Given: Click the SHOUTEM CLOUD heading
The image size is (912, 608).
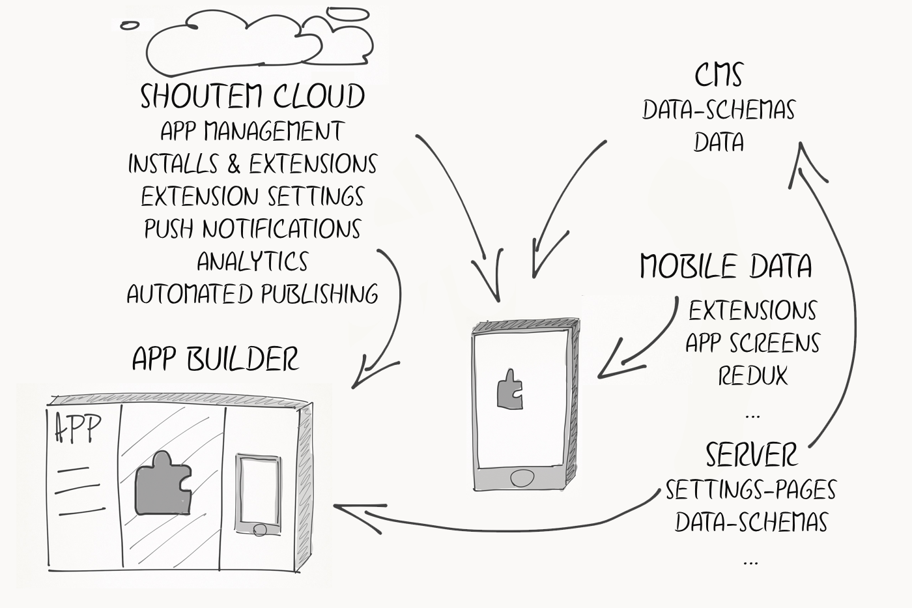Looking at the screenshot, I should pyautogui.click(x=252, y=96).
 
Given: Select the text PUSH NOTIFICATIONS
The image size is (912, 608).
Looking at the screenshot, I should pyautogui.click(x=252, y=229).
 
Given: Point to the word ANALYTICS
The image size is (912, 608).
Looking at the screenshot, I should pyautogui.click(x=252, y=261).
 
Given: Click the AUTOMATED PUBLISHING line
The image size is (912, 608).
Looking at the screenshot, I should pyautogui.click(x=252, y=294).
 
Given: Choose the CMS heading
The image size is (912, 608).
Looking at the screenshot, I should pyautogui.click(x=719, y=74).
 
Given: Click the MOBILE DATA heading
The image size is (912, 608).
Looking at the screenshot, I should pyautogui.click(x=726, y=266).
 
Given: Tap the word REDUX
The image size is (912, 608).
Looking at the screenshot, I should pyautogui.click(x=752, y=375).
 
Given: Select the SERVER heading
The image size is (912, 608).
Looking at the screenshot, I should pyautogui.click(x=751, y=454).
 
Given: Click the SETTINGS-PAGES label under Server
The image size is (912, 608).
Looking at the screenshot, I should pyautogui.click(x=750, y=489).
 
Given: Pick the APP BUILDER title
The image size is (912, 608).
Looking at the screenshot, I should pyautogui.click(x=215, y=358).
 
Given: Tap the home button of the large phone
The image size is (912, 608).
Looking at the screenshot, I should pyautogui.click(x=522, y=478).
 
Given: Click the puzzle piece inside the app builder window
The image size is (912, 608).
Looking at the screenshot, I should pyautogui.click(x=163, y=483).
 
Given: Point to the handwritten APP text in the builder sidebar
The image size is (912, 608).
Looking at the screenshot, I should pyautogui.click(x=78, y=428).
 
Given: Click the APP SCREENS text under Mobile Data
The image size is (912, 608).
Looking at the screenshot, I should pyautogui.click(x=752, y=343).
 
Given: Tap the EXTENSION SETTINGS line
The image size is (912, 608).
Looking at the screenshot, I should pyautogui.click(x=252, y=196).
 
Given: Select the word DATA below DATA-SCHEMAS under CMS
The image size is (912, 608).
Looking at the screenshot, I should pyautogui.click(x=719, y=142).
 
